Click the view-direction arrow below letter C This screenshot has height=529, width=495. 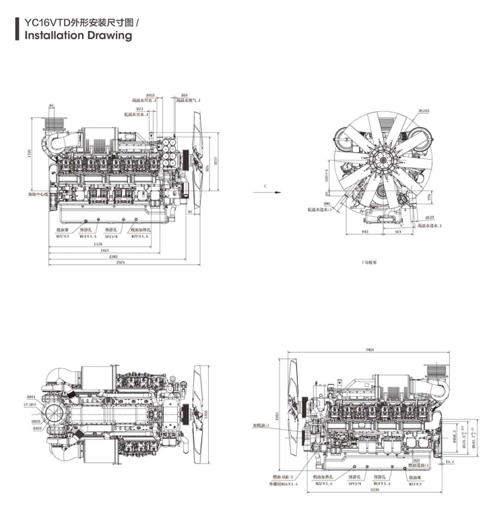(x=268, y=191)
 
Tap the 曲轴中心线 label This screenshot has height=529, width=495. (x=38, y=195)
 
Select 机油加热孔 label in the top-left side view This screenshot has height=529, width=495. (x=141, y=230)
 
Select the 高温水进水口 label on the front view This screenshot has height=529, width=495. (x=430, y=226)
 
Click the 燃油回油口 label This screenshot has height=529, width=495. (x=282, y=476)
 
